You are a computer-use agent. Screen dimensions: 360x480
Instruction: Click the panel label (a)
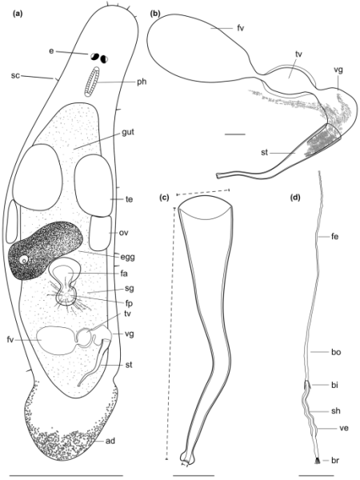17,14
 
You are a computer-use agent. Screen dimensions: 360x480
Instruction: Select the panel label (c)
165,198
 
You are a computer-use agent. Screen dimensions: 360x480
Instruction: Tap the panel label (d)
295,198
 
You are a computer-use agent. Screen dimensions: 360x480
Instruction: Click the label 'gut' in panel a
128,133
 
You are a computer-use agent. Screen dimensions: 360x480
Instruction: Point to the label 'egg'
128,258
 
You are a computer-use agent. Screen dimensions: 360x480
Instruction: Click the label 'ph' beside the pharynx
142,82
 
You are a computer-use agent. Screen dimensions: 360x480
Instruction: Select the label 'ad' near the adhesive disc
110,441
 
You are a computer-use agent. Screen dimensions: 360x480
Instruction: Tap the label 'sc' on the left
15,75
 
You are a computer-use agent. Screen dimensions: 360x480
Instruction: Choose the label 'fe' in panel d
334,236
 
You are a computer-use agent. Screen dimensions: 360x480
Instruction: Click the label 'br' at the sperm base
335,460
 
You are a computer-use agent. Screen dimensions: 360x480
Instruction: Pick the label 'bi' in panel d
334,385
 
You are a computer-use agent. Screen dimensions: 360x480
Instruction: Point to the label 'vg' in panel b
338,70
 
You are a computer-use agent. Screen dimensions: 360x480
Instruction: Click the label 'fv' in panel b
241,28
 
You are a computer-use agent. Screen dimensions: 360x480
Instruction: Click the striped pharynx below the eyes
92,82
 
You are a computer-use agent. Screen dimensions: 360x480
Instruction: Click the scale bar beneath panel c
194,475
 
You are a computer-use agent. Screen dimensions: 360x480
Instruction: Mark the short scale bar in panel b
234,134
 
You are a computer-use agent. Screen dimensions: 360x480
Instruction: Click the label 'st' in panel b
265,153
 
